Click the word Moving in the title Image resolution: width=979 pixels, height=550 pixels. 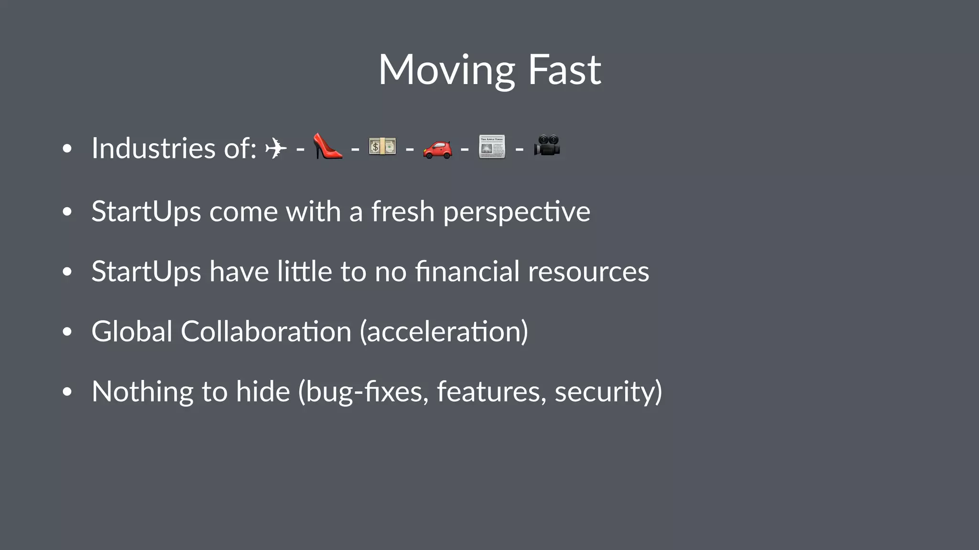[x=446, y=70]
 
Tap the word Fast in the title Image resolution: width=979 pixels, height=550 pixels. [x=564, y=70]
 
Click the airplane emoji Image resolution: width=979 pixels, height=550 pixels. [x=276, y=148]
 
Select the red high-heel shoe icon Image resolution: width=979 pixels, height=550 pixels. [x=327, y=147]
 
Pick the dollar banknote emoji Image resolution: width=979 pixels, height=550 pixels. [x=382, y=147]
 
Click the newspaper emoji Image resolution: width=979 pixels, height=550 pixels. [x=492, y=147]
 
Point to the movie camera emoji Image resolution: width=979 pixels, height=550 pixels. [x=547, y=146]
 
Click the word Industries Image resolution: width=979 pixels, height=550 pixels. [x=153, y=148]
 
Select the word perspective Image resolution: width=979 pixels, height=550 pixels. [x=516, y=212]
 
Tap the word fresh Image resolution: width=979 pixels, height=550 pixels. [x=402, y=212]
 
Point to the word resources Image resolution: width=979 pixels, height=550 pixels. [x=588, y=272]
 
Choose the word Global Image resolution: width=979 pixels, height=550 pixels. [x=132, y=331]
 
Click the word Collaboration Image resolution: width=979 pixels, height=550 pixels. [x=266, y=331]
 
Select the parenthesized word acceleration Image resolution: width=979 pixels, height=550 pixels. [x=444, y=331]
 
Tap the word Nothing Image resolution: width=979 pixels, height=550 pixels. [x=142, y=391]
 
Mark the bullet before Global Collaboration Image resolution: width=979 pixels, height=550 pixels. [x=67, y=332]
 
